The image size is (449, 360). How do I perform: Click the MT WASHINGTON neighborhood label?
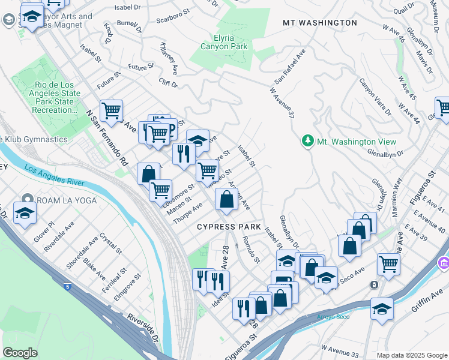[320, 23]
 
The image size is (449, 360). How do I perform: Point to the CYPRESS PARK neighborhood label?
[229, 227]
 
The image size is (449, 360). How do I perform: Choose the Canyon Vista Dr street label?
[375, 97]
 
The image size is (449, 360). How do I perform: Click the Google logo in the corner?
[20, 353]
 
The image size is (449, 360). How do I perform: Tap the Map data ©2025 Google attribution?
[412, 355]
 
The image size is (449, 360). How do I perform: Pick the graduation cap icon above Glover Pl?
[25, 214]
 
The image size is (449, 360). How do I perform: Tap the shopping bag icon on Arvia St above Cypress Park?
[226, 200]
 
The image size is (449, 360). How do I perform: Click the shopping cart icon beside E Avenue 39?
[388, 263]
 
